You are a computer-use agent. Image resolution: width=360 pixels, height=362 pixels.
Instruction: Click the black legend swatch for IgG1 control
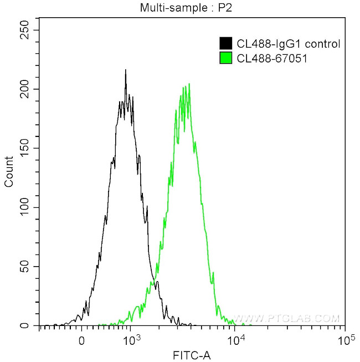[226, 43]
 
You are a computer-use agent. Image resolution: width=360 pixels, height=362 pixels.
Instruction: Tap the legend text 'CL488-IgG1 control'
[281, 43]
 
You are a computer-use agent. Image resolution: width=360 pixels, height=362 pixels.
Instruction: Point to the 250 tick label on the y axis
[24, 30]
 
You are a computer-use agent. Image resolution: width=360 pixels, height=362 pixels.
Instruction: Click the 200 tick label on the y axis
[24, 89]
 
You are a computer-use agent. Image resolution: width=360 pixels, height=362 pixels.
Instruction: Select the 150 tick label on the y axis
[24, 149]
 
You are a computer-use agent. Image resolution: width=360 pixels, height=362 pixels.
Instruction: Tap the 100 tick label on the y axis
[24, 207]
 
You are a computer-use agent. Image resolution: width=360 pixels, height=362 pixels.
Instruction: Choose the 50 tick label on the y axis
[27, 267]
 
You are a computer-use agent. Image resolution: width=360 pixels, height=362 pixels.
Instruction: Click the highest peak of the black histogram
[126, 70]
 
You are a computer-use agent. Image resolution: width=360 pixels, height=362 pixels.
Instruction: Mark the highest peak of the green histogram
[189, 84]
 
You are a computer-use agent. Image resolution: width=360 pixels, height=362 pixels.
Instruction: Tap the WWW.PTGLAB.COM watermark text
[286, 319]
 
